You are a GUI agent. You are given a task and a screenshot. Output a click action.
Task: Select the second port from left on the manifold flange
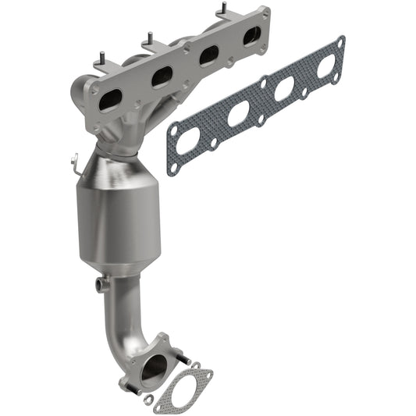[162, 76]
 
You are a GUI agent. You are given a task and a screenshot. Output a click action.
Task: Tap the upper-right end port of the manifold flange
[252, 34]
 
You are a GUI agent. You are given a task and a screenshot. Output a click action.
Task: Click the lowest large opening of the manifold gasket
[187, 141]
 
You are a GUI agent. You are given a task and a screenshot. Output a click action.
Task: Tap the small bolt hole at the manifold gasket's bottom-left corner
[172, 167]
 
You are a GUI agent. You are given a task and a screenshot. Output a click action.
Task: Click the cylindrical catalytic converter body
[117, 219]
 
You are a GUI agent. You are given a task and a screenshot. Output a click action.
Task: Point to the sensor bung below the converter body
[99, 284]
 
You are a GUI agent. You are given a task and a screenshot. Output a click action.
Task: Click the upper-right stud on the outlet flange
[186, 360]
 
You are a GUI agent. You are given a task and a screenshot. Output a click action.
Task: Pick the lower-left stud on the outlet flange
[126, 384]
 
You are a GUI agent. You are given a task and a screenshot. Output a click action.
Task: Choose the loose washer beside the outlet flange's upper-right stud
[195, 366]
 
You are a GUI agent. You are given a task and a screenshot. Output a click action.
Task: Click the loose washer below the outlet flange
[148, 400]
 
